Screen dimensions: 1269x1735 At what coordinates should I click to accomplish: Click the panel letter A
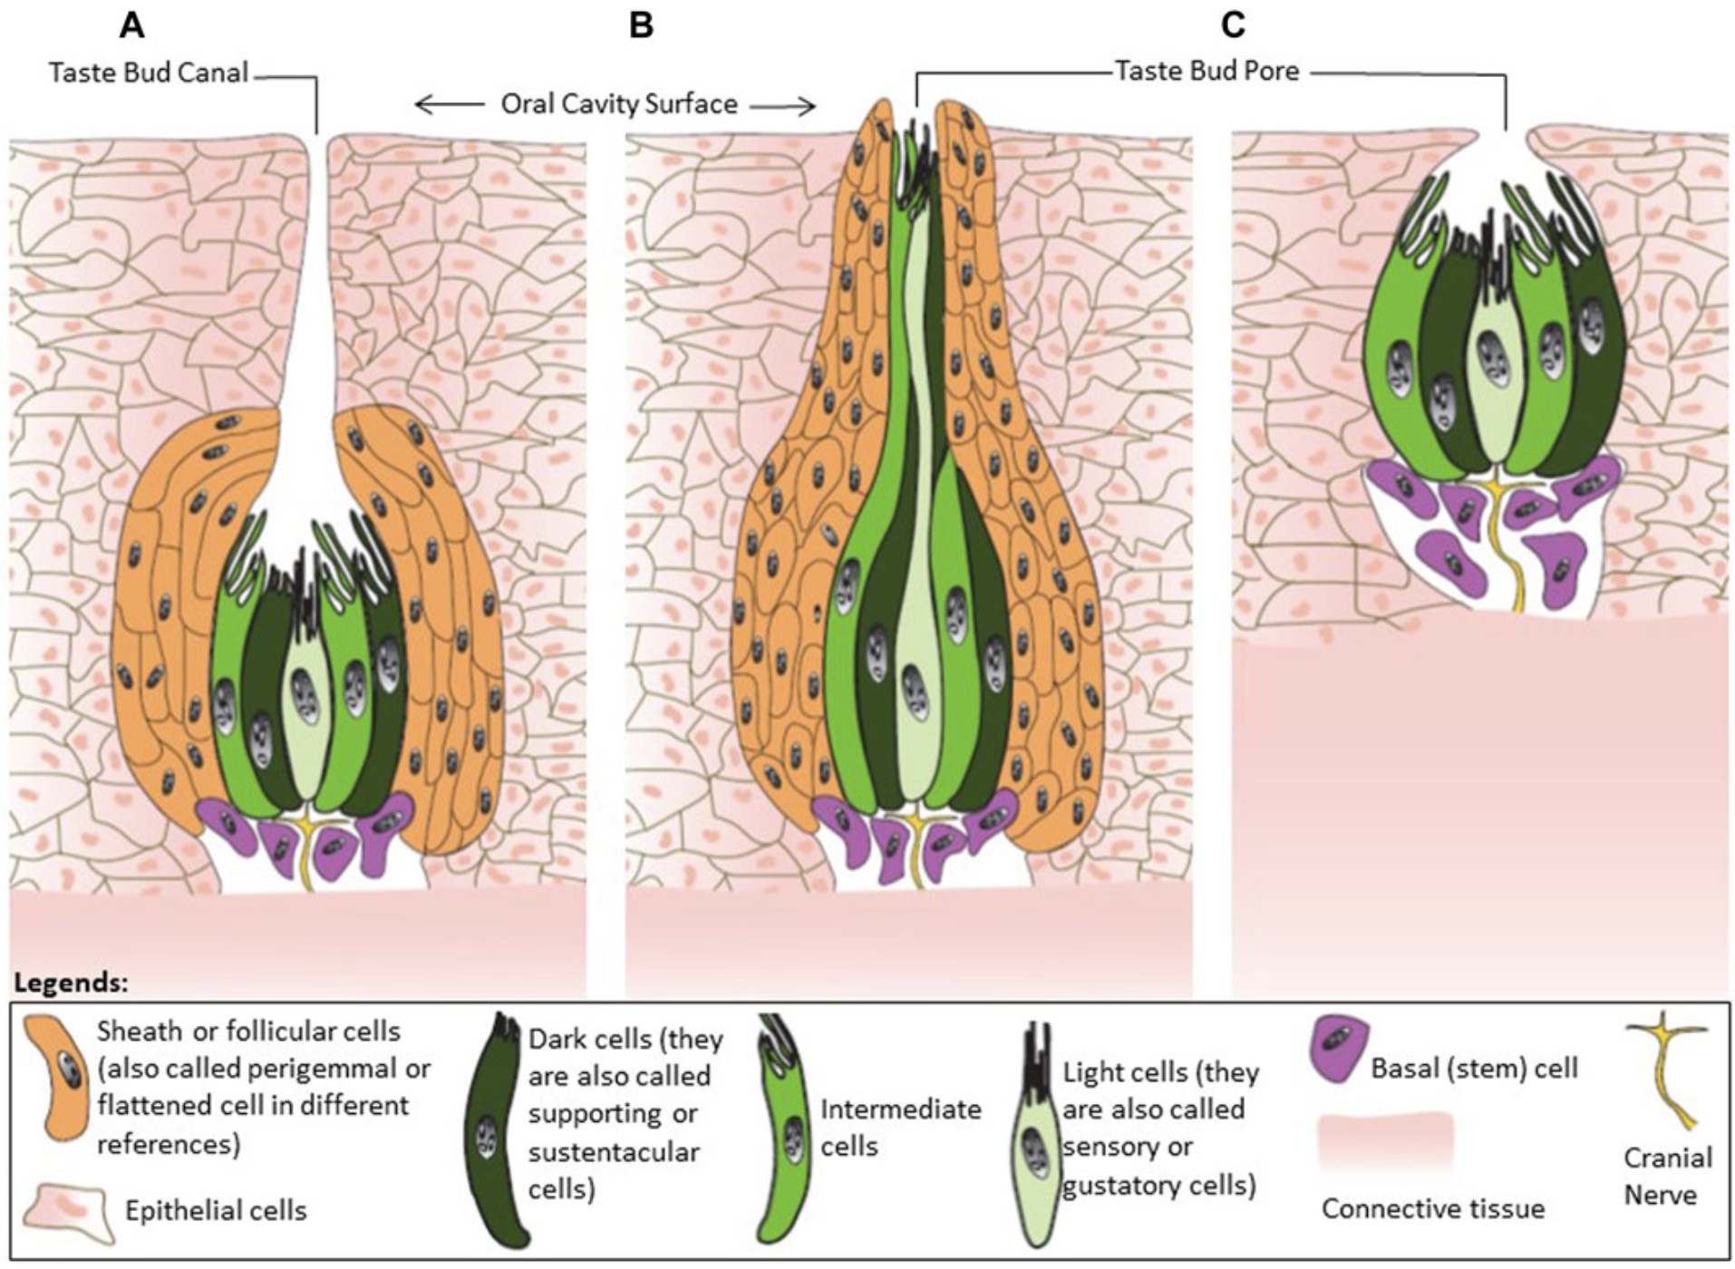(132, 25)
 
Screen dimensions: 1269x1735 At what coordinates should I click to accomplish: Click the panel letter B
(641, 25)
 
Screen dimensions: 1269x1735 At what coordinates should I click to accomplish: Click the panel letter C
(1233, 25)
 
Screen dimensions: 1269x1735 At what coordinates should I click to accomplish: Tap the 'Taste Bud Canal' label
(149, 73)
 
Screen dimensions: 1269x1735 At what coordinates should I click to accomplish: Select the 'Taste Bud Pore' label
(1207, 71)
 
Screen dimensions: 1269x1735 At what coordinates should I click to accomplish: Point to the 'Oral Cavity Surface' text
(619, 104)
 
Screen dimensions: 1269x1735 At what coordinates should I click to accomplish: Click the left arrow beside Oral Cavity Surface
(447, 105)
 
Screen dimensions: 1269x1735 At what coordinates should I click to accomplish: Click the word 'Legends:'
(72, 983)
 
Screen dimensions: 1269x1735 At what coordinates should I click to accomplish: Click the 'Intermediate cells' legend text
(900, 1128)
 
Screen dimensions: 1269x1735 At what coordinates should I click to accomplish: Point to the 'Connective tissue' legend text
(1432, 1208)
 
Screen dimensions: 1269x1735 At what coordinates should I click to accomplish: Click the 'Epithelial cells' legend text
(216, 1210)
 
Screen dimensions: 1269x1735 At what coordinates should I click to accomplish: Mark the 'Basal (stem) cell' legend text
(1474, 1068)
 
